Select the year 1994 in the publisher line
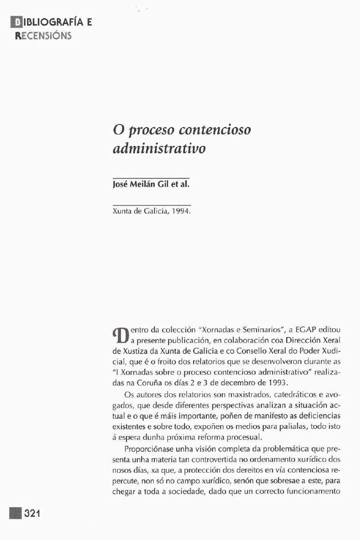click(180, 210)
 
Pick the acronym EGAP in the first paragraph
click(304, 330)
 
